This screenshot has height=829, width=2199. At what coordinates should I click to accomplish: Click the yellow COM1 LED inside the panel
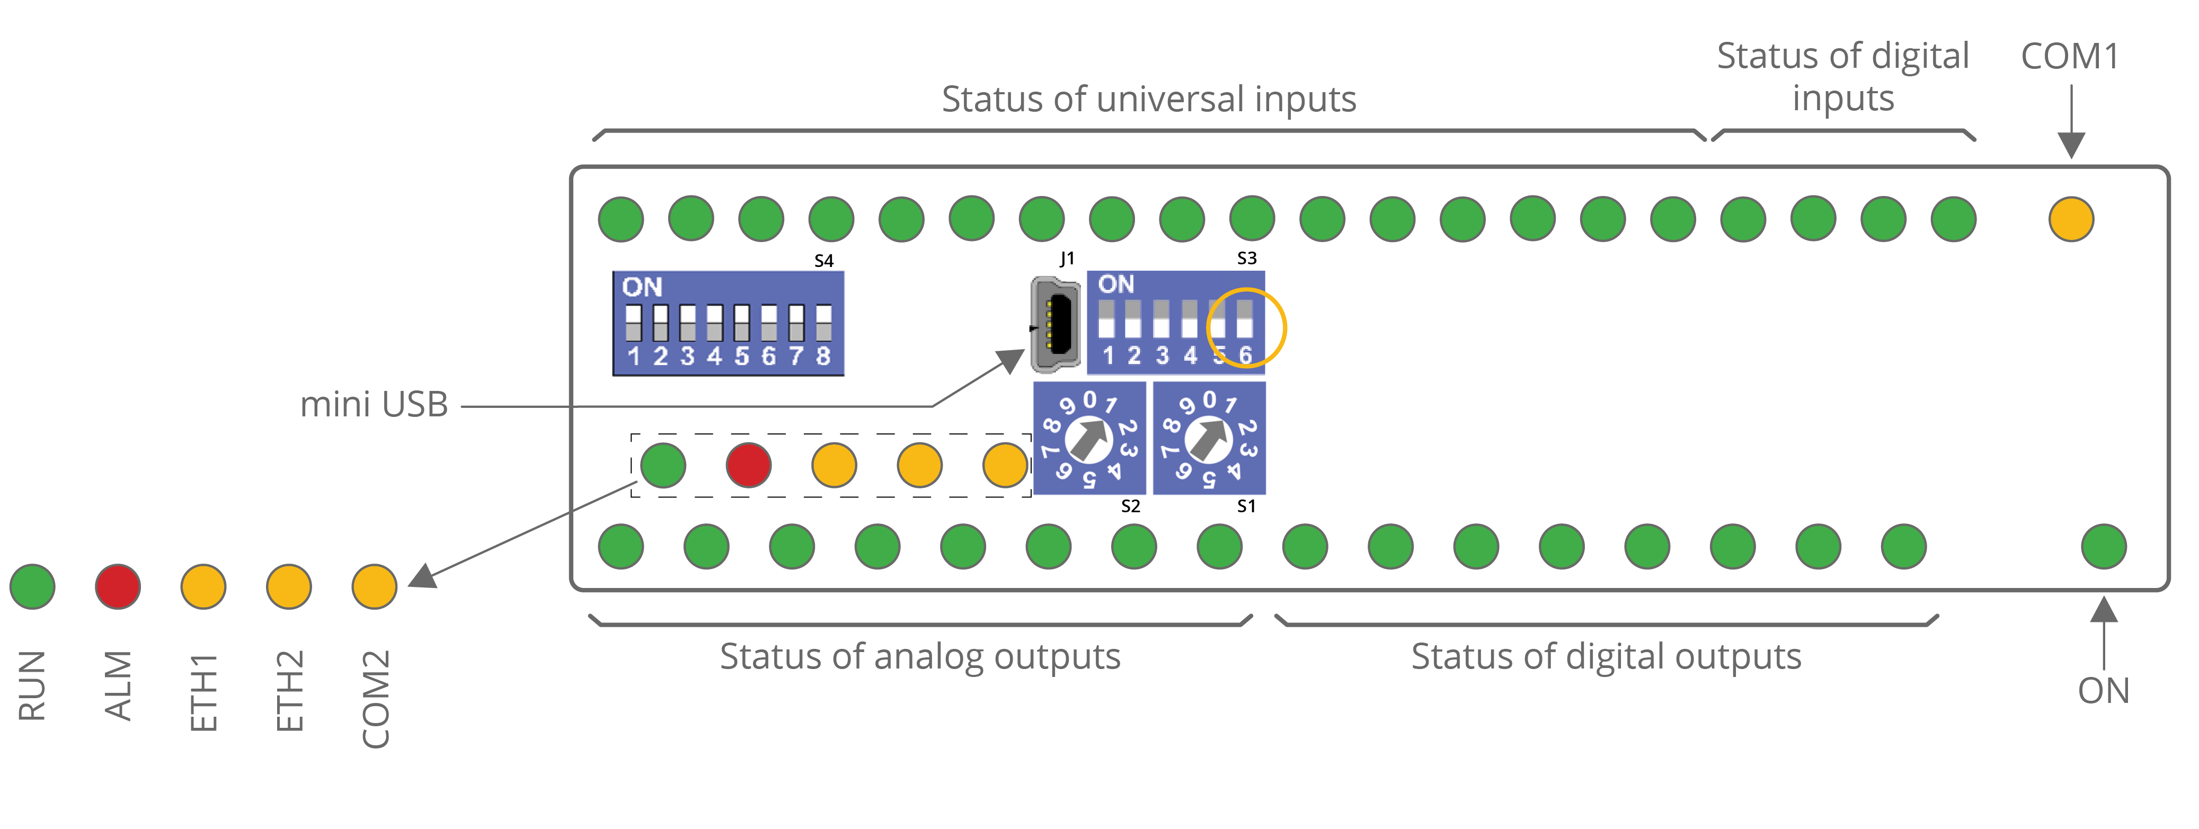click(x=2070, y=219)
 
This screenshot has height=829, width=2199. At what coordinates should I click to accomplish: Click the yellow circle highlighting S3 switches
click(x=1246, y=327)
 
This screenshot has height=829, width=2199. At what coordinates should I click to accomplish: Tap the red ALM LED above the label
click(x=118, y=586)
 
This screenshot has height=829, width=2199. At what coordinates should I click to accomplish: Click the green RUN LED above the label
click(x=32, y=586)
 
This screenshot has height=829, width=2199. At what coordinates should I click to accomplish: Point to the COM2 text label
click(x=376, y=698)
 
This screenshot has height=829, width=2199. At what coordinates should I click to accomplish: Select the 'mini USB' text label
click(x=374, y=405)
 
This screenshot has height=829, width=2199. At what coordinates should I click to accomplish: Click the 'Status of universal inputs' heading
click(x=1148, y=99)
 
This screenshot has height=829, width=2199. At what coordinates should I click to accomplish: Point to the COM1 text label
click(x=2070, y=56)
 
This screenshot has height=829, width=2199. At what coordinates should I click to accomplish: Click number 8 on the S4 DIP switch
click(x=823, y=356)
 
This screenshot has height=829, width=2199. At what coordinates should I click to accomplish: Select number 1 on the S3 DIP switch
click(x=1107, y=355)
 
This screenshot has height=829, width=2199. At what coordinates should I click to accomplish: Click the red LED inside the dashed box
click(x=749, y=465)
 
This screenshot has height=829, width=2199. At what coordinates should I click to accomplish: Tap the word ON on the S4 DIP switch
click(x=642, y=287)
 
